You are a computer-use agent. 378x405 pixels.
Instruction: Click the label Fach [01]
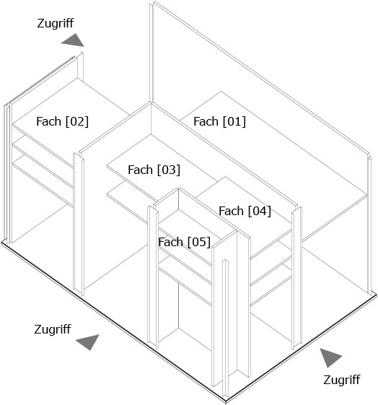point(219,122)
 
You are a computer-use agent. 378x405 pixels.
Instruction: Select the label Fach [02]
point(62,122)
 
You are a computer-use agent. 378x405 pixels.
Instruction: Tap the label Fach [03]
point(154,170)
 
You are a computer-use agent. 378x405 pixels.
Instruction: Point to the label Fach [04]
point(245,211)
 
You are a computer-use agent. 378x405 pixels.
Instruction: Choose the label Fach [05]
point(184,243)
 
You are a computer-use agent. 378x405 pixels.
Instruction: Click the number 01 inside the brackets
point(234,122)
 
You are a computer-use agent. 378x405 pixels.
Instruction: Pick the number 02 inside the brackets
point(77,122)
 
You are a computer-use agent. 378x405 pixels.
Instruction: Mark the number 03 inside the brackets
point(169,170)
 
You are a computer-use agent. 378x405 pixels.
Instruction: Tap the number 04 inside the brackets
point(260,211)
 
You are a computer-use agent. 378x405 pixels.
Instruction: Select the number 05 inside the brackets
point(199,243)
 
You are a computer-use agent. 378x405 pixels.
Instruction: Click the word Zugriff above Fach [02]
point(56,24)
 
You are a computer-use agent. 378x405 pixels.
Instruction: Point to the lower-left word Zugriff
point(53,330)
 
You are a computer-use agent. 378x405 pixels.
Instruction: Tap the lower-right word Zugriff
point(342,380)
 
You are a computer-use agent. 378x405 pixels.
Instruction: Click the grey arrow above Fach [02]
point(74,41)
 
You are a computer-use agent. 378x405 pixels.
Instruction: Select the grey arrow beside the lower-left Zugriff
point(89,341)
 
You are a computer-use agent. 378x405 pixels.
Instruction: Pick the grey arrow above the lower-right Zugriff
point(329,357)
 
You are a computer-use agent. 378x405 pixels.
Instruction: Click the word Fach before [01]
point(206,122)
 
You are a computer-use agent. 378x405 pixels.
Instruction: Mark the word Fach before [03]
point(140,170)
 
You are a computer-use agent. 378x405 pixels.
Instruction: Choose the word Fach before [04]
point(231,211)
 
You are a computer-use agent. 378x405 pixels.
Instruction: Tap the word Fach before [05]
point(170,243)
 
